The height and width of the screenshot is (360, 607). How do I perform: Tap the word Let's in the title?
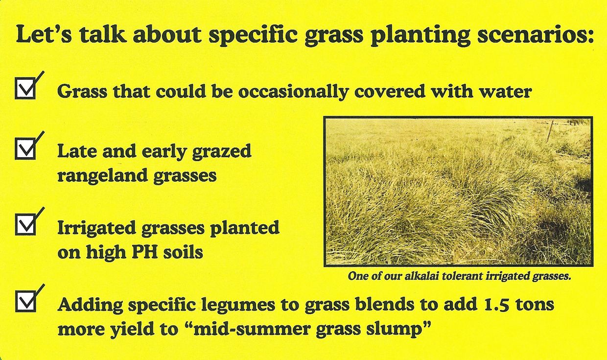pos(44,34)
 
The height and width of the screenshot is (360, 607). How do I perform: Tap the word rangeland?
pos(102,176)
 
